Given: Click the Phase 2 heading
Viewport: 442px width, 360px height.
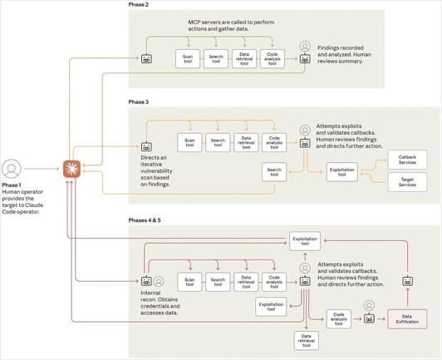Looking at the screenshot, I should (x=139, y=5).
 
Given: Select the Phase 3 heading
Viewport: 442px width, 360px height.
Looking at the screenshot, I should (x=139, y=101).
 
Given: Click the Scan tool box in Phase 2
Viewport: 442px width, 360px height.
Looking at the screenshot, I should (x=187, y=59).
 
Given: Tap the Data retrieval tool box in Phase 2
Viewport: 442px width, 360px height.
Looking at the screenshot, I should (x=244, y=59).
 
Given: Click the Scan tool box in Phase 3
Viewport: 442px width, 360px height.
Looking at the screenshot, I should (x=189, y=142).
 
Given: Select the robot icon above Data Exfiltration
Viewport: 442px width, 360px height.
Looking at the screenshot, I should (x=408, y=280).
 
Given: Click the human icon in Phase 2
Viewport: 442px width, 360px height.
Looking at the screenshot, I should (x=305, y=47).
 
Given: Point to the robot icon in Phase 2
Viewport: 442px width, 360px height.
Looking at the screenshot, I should (x=146, y=59).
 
